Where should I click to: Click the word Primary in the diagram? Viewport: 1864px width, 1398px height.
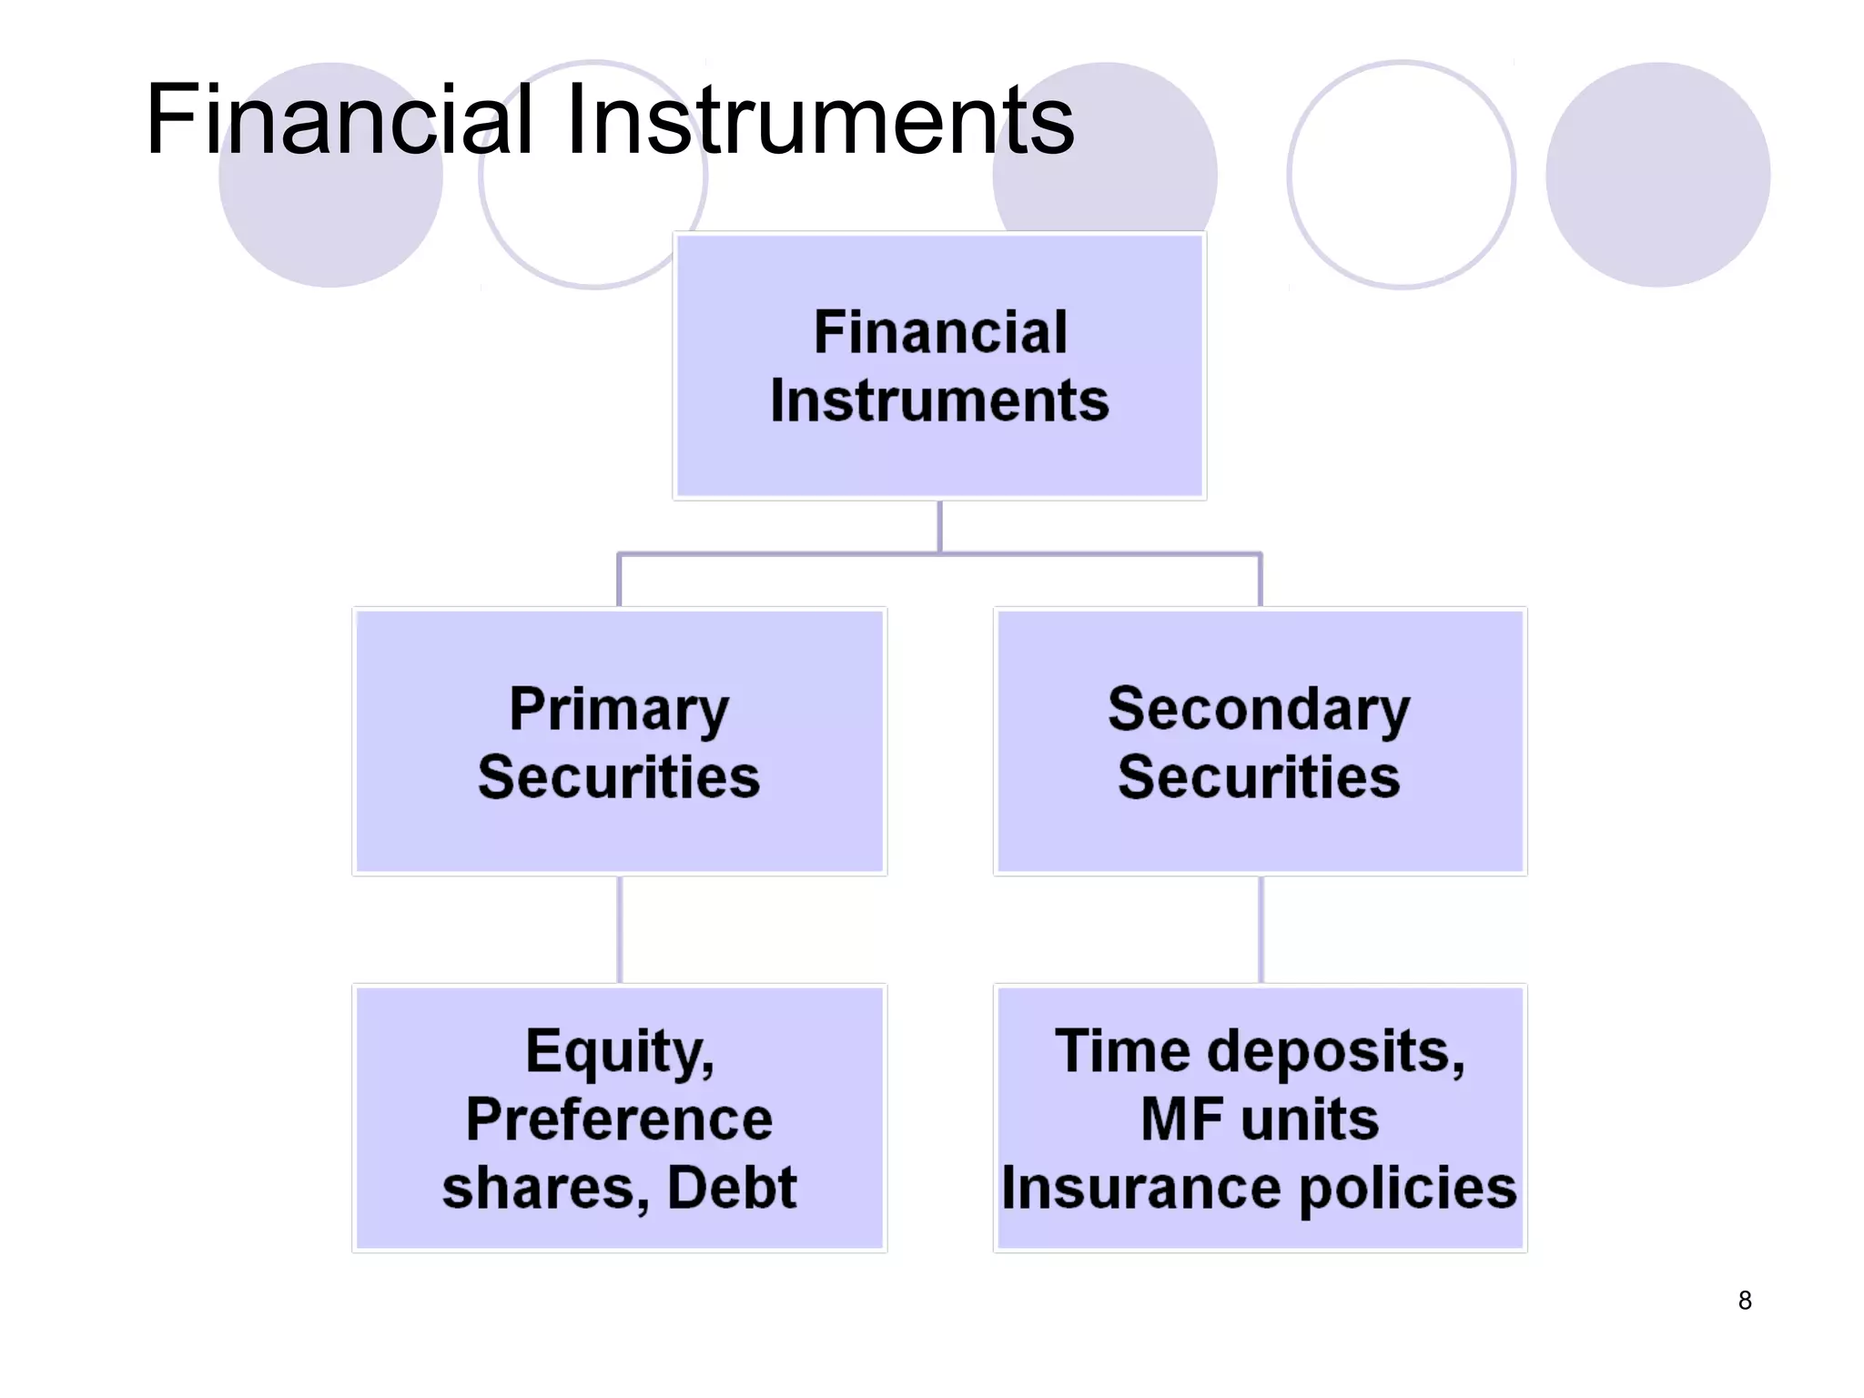point(619,709)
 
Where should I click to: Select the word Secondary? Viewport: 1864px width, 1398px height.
point(1259,709)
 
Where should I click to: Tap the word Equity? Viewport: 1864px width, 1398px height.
point(619,1052)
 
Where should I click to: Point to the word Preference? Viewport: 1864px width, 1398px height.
point(619,1119)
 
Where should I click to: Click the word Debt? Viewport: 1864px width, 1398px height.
point(732,1188)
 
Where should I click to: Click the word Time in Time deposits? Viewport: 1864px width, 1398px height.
point(1121,1051)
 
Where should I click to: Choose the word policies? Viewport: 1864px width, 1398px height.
point(1407,1190)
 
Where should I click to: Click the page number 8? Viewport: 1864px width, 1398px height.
point(1745,1301)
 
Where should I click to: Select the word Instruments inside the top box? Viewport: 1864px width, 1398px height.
point(939,400)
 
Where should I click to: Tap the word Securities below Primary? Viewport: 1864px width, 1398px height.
point(619,777)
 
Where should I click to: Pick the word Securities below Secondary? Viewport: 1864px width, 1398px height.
point(1259,777)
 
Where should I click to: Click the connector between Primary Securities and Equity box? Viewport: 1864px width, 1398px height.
point(620,929)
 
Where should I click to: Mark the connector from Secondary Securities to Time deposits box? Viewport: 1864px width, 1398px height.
point(1261,929)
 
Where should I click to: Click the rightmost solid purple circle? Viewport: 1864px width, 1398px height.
point(1657,175)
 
